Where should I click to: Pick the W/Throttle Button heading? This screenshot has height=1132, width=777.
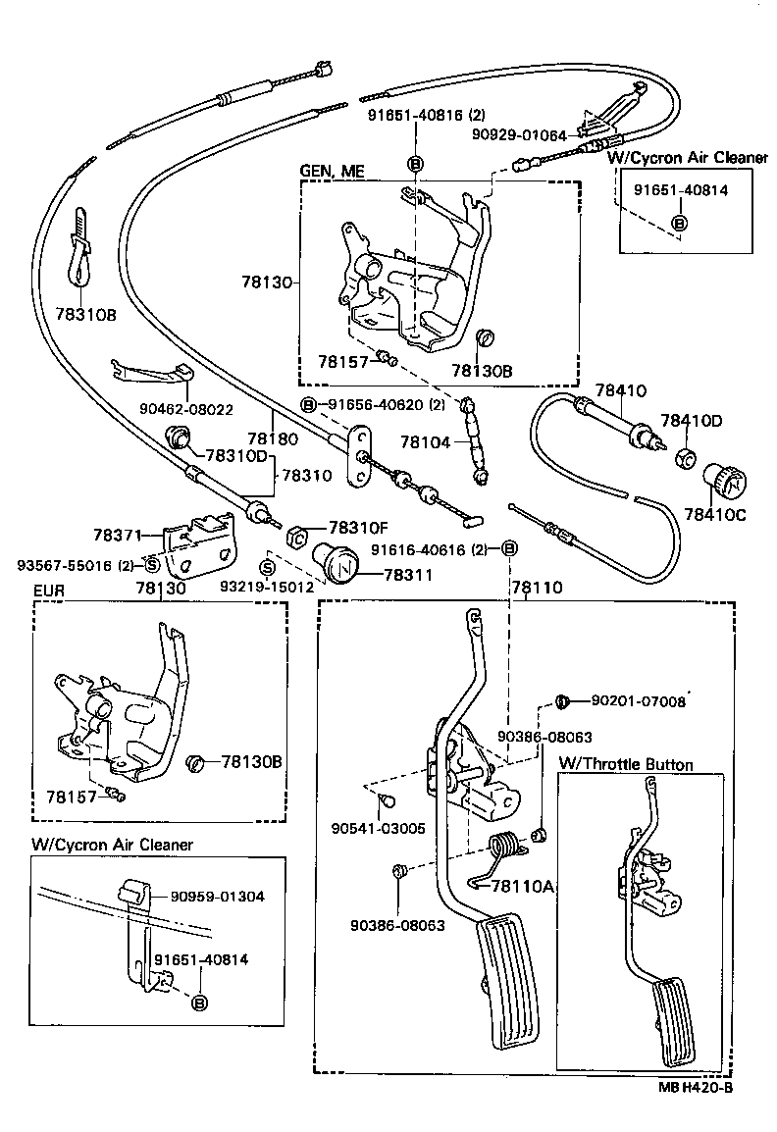tap(625, 764)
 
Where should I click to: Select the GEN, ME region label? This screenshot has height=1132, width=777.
tap(332, 171)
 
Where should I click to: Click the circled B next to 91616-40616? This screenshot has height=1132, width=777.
tap(509, 548)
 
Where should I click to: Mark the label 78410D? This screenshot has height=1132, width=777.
tap(691, 421)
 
